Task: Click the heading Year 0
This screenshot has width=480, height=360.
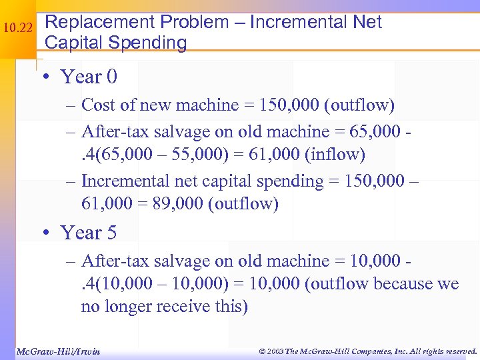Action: tap(89, 77)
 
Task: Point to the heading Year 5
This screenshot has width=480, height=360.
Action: tap(89, 233)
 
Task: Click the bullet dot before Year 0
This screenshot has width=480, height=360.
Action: tap(45, 77)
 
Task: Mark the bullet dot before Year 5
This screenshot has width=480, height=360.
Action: tap(45, 233)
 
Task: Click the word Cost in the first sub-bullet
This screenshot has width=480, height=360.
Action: tap(97, 105)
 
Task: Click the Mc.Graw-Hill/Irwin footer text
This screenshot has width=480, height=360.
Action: tap(57, 351)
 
